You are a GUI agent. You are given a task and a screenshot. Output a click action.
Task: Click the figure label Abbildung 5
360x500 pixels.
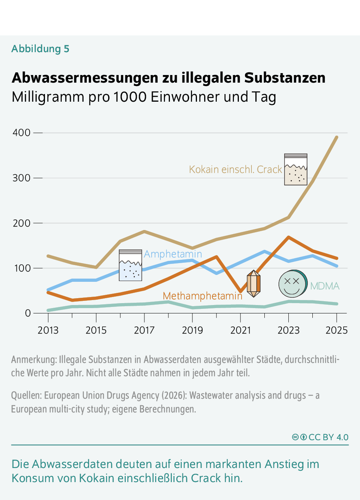[x=40, y=49]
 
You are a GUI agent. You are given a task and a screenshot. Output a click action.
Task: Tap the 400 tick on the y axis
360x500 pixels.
[x=21, y=133]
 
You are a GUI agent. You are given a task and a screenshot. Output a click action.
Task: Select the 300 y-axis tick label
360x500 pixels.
[x=21, y=178]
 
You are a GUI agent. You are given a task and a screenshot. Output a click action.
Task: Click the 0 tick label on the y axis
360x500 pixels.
[x=27, y=313]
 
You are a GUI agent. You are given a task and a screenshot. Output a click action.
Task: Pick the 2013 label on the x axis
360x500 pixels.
[x=48, y=330]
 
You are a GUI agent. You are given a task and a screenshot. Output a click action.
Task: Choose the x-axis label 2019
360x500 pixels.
[x=192, y=330]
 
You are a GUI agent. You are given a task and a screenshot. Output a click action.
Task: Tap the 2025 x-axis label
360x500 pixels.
[x=336, y=330]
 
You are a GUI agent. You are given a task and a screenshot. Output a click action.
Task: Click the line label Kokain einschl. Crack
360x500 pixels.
[x=235, y=169]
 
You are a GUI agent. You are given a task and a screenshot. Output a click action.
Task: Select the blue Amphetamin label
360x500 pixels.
[x=173, y=254]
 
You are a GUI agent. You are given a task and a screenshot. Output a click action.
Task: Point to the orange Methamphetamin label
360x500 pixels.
[x=202, y=296]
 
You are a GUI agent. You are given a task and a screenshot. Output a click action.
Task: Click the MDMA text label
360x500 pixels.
[x=325, y=286]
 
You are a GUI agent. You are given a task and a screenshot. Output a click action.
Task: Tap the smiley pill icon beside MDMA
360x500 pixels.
[x=293, y=284]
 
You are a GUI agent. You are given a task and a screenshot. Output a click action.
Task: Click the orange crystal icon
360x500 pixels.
[x=253, y=284]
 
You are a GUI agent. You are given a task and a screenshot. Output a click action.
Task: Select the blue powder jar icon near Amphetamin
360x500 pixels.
[x=130, y=265]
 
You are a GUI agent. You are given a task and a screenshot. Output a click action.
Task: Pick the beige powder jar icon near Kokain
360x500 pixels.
[x=296, y=169]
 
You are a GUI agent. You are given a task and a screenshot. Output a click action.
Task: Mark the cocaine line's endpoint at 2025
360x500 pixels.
[x=337, y=137]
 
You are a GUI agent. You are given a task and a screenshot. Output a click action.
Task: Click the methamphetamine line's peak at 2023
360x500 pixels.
[x=288, y=237]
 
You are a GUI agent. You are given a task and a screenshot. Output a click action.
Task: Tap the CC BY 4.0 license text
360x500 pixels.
[x=328, y=437]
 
